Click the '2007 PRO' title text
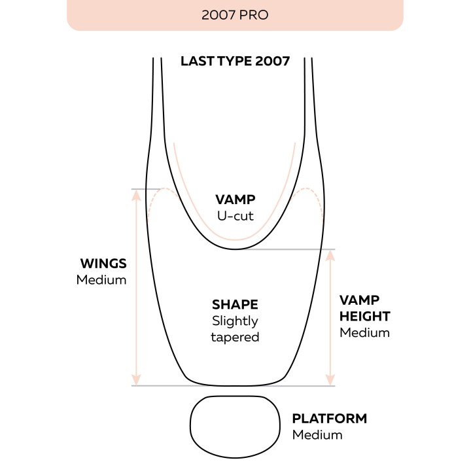235,15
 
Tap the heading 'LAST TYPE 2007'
235,61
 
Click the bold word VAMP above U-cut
235,200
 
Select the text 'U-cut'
235,216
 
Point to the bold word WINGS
103,264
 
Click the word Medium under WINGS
101,280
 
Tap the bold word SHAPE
235,305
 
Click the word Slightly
235,321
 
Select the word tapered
235,338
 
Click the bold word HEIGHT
364,317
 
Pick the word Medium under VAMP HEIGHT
364,333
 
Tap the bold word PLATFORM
330,419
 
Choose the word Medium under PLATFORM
317,435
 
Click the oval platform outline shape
190,427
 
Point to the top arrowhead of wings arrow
136,195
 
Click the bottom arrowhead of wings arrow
136,379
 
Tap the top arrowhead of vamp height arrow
330,256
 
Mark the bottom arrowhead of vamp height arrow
330,379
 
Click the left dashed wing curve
164,188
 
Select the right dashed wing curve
305,188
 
